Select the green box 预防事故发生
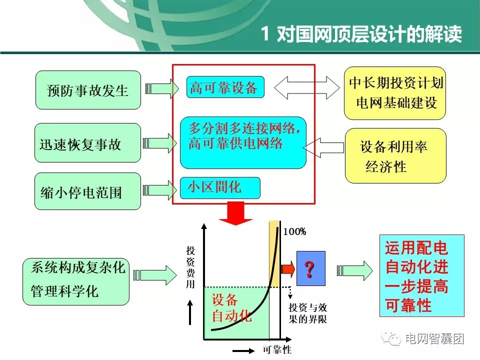click(x=88, y=90)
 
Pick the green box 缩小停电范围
click(x=88, y=191)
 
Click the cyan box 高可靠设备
click(x=224, y=88)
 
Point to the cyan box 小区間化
click(x=220, y=187)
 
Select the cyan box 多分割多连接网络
click(x=243, y=143)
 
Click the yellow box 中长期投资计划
click(x=395, y=93)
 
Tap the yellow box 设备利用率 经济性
click(x=395, y=155)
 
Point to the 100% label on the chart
click(x=294, y=231)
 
